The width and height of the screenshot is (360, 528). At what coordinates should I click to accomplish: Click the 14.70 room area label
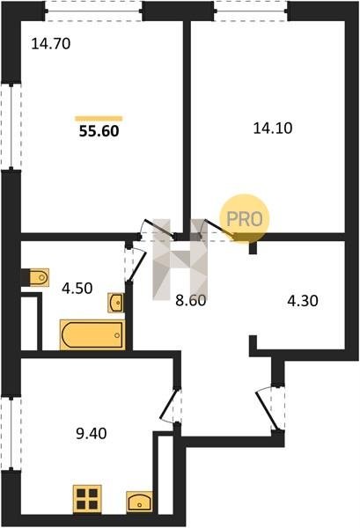[51, 44]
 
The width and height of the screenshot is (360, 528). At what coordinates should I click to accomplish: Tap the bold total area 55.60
[99, 131]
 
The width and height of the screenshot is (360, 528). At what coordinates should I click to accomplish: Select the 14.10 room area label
[273, 128]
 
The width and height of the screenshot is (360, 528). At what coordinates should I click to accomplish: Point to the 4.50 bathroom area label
[77, 289]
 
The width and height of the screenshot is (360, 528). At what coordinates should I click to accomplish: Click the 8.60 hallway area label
[191, 300]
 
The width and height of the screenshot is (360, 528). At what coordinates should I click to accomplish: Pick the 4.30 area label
[303, 300]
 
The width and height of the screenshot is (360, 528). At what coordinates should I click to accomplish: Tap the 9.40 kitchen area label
[92, 433]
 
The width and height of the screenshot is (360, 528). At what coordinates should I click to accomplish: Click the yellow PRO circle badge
[245, 218]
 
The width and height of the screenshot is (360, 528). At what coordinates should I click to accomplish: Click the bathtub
[92, 335]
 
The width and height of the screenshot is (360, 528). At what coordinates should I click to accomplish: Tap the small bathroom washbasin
[116, 303]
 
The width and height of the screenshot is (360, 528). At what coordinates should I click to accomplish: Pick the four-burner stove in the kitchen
[87, 499]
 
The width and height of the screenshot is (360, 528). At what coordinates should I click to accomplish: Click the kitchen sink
[139, 502]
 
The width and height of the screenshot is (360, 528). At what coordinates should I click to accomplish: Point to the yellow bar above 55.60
[99, 118]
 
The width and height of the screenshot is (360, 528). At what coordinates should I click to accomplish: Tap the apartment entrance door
[267, 409]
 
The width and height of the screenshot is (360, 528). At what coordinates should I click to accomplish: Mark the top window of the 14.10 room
[251, 11]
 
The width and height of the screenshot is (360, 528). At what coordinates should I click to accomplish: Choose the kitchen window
[11, 433]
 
